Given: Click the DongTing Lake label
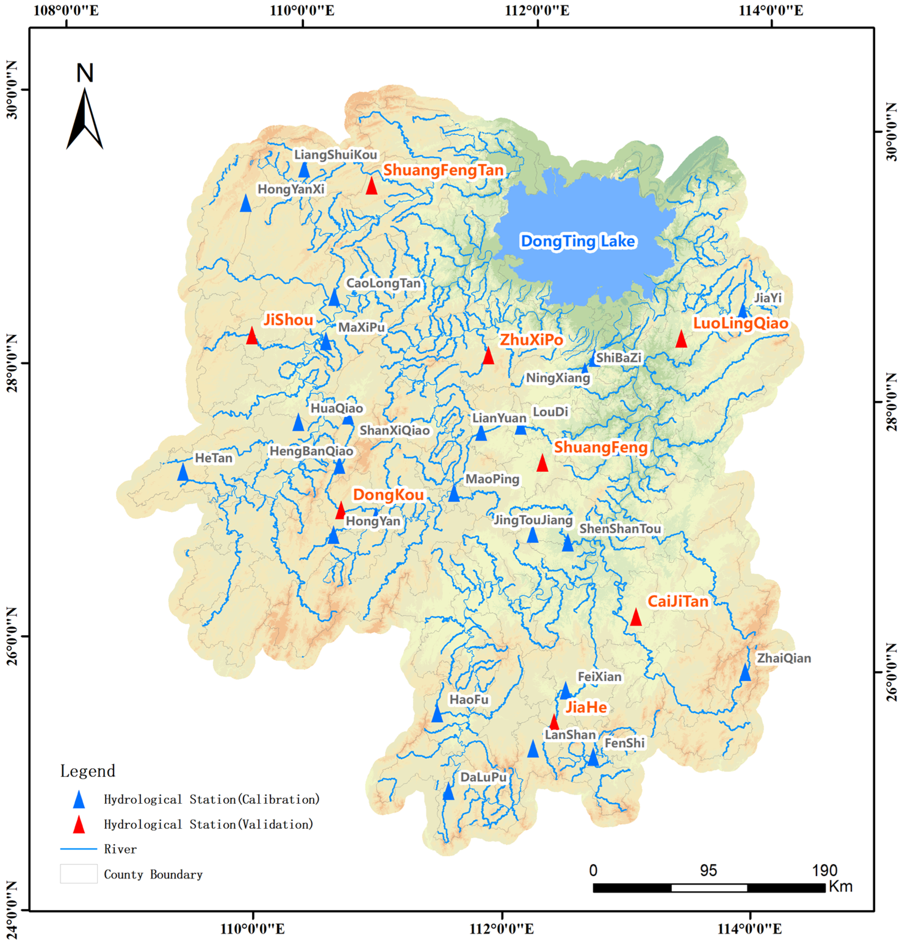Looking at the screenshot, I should [x=578, y=241].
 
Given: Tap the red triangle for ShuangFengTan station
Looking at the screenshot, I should [x=371, y=186].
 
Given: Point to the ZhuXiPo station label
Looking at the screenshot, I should [x=531, y=340].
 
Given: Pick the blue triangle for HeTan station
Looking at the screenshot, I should [x=183, y=472].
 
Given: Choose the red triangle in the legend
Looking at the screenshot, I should [x=78, y=825].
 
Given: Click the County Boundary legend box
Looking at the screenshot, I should [x=78, y=874].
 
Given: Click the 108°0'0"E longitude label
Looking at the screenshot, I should [x=66, y=11].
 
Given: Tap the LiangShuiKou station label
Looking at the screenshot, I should [x=336, y=155].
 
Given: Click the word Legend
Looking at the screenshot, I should [x=88, y=771].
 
